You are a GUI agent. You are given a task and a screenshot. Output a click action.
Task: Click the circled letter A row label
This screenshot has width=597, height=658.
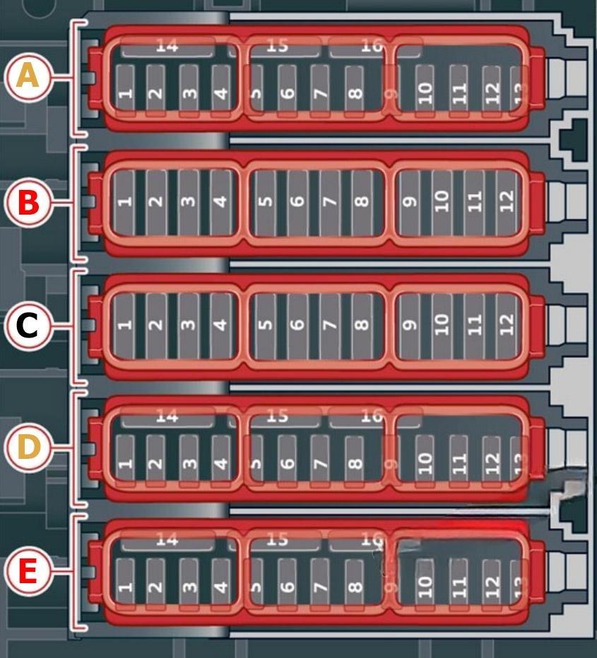click(x=28, y=76)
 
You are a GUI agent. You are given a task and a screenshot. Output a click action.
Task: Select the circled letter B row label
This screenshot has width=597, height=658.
click(x=28, y=202)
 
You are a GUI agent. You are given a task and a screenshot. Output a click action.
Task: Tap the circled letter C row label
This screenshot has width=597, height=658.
click(x=28, y=325)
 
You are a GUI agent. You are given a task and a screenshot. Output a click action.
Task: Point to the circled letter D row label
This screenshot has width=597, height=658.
click(x=28, y=448)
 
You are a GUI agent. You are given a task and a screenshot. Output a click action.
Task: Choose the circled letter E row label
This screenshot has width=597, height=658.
click(x=28, y=571)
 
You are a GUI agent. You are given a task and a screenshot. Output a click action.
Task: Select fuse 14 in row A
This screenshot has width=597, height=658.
click(x=167, y=47)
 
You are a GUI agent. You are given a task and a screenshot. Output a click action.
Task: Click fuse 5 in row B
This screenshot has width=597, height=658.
click(x=265, y=202)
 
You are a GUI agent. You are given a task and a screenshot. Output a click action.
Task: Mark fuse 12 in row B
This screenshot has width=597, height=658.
click(x=506, y=202)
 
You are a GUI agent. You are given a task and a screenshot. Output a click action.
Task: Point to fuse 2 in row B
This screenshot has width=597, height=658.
click(x=156, y=202)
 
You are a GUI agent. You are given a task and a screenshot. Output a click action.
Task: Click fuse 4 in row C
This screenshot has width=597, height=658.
click(x=220, y=325)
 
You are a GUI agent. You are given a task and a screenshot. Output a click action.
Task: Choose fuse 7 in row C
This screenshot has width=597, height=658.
click(x=329, y=325)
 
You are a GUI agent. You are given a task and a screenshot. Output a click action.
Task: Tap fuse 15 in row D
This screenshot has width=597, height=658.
click(x=278, y=417)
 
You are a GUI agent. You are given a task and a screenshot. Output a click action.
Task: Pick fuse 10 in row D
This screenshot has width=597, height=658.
click(x=425, y=462)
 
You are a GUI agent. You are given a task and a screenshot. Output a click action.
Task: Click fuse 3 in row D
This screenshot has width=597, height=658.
click(x=189, y=462)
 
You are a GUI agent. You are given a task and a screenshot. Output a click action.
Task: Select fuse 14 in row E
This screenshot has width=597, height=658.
click(x=167, y=541)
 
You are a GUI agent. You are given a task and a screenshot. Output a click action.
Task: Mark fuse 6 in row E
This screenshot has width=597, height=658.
click(x=287, y=585)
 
